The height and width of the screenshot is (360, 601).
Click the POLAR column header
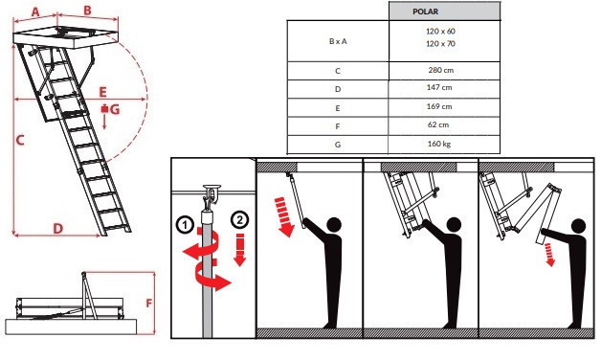[x=425, y=11]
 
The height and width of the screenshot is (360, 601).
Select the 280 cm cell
[x=441, y=70]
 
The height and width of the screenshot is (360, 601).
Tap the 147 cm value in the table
[x=439, y=87]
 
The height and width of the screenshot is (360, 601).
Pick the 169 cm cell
[x=439, y=106]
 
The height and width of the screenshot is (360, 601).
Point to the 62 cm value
[x=438, y=124]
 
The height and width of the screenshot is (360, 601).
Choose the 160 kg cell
[x=439, y=144]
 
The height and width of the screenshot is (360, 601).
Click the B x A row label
[x=338, y=41]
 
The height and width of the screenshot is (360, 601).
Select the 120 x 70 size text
[x=440, y=44]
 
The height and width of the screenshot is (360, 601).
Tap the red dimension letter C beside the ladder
[x=20, y=140]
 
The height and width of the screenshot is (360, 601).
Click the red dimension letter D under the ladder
[x=57, y=229]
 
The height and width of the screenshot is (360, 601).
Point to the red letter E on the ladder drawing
[x=102, y=92]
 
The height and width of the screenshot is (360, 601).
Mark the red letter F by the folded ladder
[x=149, y=304]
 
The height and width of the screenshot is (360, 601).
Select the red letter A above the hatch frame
[x=35, y=11]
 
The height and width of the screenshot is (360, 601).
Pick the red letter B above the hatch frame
[x=87, y=11]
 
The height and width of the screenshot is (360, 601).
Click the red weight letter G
[x=115, y=110]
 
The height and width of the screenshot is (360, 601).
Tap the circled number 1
[x=185, y=225]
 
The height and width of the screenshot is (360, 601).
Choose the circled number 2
[x=240, y=220]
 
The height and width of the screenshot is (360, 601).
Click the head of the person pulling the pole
[x=334, y=225]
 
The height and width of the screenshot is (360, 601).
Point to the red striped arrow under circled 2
[x=240, y=250]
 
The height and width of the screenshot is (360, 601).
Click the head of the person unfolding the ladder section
[x=578, y=226]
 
